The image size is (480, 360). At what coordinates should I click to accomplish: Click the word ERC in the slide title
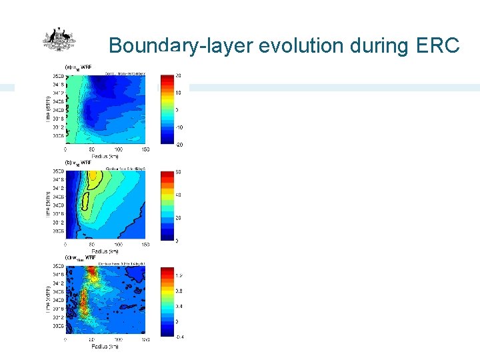click(x=438, y=45)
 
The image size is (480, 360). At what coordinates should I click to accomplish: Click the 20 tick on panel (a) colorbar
click(x=179, y=75)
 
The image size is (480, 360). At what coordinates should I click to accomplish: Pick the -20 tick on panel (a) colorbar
click(x=179, y=145)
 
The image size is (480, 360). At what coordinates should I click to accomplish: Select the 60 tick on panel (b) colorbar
click(x=179, y=172)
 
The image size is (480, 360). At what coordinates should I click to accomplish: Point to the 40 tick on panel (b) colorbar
click(x=179, y=195)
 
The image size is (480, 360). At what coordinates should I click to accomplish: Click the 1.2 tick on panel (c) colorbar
click(x=179, y=275)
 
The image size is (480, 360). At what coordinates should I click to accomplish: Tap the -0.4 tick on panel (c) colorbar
click(x=179, y=337)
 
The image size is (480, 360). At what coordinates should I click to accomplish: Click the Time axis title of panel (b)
click(x=48, y=203)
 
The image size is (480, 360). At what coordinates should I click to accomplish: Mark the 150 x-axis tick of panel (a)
click(x=145, y=149)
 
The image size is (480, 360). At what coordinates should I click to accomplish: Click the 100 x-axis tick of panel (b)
click(x=118, y=244)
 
